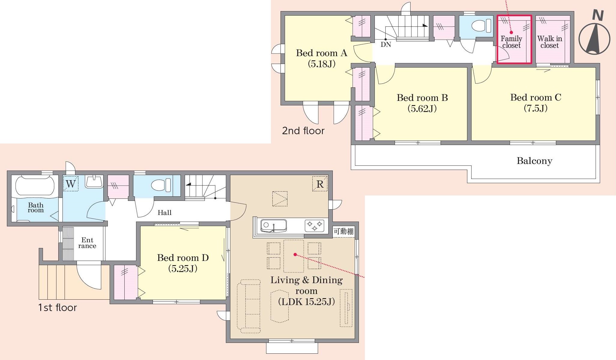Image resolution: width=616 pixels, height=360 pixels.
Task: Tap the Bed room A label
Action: (x=321, y=58)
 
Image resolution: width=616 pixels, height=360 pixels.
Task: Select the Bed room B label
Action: (x=422, y=103)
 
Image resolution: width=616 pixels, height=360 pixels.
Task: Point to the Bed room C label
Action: (x=536, y=103)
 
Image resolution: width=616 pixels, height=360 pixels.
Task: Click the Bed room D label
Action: (x=183, y=263)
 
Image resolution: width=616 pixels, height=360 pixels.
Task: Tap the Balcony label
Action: (x=534, y=161)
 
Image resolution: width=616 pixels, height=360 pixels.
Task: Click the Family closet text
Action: (x=511, y=42)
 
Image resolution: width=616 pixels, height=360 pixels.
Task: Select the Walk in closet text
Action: (x=550, y=42)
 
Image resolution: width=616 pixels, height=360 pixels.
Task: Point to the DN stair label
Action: (x=386, y=45)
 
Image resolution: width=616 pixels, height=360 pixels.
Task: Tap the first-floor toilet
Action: (x=161, y=185)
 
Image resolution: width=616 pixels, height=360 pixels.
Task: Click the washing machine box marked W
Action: (x=71, y=183)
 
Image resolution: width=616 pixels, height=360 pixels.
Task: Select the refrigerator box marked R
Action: (x=320, y=184)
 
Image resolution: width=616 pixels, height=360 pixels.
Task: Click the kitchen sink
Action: (x=273, y=225)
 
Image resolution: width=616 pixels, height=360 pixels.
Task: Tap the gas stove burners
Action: (x=314, y=226)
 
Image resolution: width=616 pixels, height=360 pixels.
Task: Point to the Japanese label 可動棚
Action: (x=344, y=231)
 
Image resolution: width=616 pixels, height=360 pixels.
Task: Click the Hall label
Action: (x=165, y=213)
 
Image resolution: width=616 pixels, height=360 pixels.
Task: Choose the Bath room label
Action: (x=36, y=207)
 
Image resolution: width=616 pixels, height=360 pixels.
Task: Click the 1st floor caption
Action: (x=57, y=307)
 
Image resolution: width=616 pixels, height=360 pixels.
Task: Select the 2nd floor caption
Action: (x=303, y=131)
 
